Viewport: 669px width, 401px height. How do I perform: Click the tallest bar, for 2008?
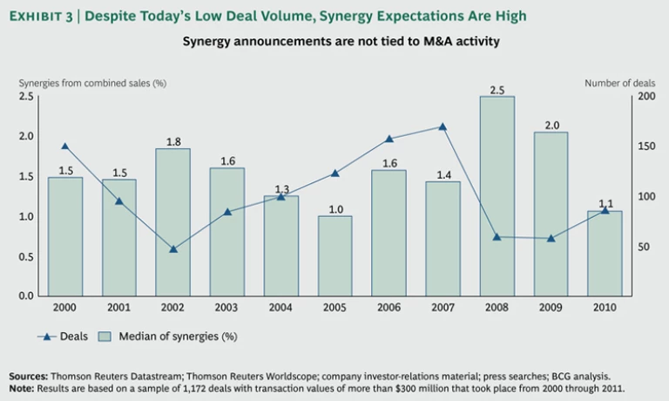[x=497, y=196]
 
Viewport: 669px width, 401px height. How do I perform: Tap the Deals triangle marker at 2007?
[x=443, y=126]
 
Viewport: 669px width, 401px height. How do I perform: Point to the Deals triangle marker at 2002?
[x=173, y=249]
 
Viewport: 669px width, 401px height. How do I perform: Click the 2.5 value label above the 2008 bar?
[x=497, y=89]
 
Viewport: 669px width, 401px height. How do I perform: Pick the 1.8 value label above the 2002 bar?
[x=172, y=141]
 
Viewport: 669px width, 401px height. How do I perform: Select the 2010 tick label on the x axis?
[x=605, y=308]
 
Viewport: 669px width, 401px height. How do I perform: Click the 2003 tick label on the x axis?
[x=227, y=308]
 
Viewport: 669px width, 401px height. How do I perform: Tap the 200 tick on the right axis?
[x=645, y=96]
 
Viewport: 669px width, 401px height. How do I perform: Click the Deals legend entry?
[x=61, y=336]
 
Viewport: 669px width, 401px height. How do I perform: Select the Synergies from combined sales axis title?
[x=92, y=83]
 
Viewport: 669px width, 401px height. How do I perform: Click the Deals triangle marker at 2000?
[x=65, y=146]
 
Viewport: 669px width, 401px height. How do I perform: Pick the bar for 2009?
[x=551, y=214]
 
